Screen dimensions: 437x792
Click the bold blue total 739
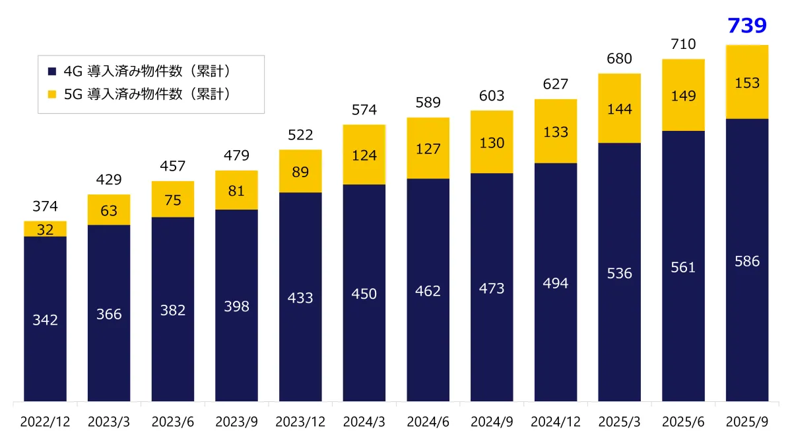click(746, 26)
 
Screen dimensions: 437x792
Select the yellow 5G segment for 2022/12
click(45, 229)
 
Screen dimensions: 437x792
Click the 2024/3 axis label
click(364, 421)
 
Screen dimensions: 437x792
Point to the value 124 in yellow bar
click(364, 155)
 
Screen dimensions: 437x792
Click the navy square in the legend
click(52, 71)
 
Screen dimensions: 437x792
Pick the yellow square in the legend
click(52, 94)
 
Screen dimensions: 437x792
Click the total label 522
click(300, 136)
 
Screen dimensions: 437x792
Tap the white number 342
click(45, 320)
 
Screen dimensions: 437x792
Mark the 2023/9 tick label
click(236, 421)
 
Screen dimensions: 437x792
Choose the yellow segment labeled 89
click(300, 172)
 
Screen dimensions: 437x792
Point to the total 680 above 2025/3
click(619, 59)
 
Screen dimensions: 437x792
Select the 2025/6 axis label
click(683, 421)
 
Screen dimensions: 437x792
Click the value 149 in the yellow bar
click(683, 96)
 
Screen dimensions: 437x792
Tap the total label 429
click(109, 180)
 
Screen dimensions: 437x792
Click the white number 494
click(555, 283)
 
